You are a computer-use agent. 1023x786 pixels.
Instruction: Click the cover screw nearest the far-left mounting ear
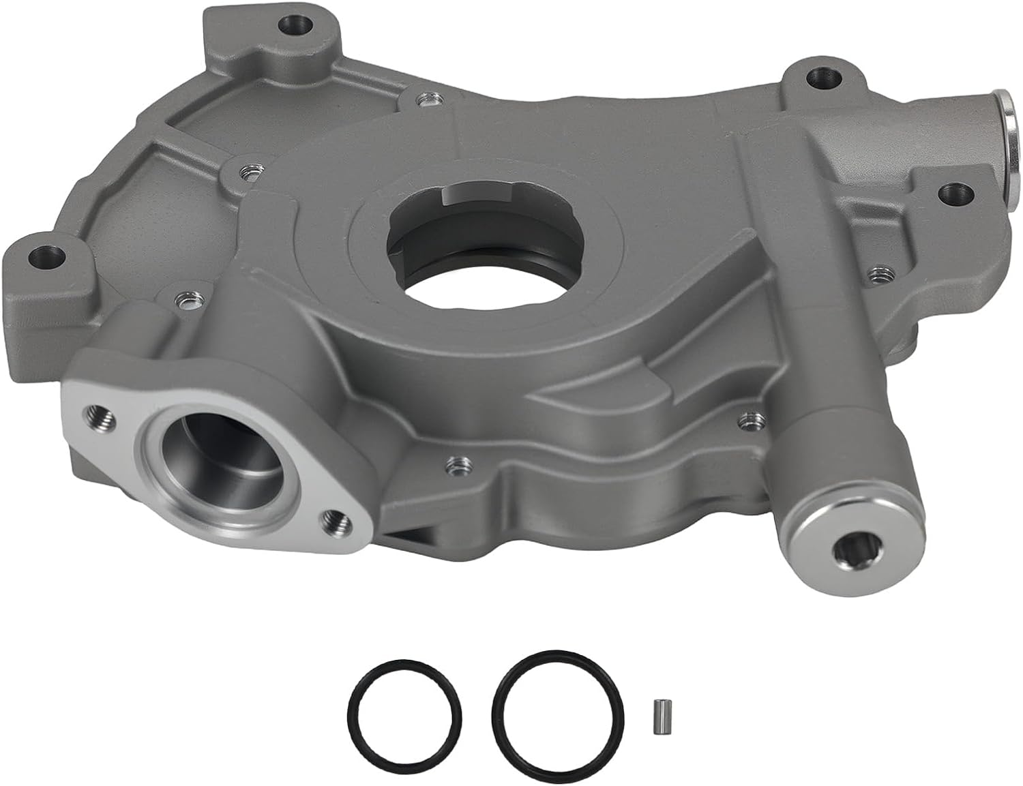pos(182,298)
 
